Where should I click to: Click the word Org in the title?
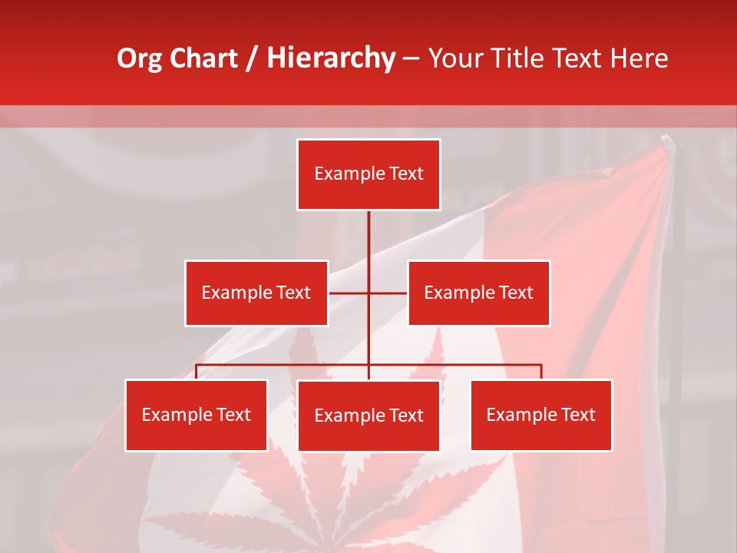tap(140, 58)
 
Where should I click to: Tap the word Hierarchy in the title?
tap(331, 58)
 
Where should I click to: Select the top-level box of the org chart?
tap(368, 174)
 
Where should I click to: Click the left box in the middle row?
tap(256, 293)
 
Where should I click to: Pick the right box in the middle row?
tap(478, 293)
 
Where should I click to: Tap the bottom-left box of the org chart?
tap(197, 415)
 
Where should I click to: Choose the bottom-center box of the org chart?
tap(368, 416)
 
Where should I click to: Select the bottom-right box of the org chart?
tap(541, 415)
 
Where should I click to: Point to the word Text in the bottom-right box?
tap(578, 415)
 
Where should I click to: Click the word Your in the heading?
tap(453, 58)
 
